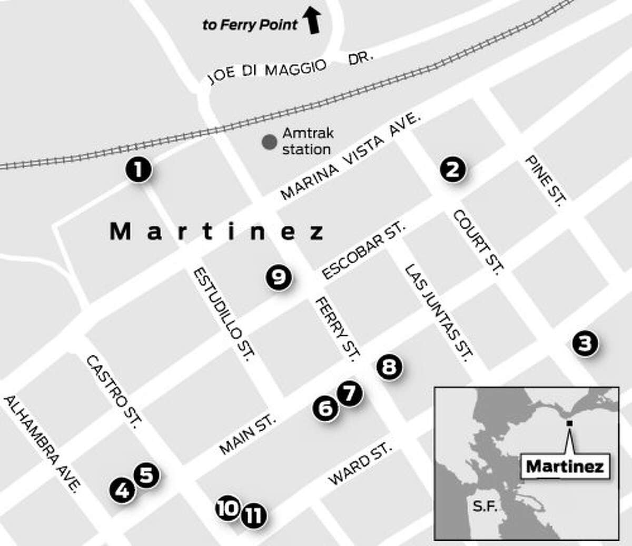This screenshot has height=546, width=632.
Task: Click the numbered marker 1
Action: coord(138,170)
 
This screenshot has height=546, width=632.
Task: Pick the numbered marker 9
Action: coord(279,276)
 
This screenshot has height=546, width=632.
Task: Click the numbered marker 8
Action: coord(389,366)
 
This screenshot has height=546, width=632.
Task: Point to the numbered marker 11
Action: coord(254,515)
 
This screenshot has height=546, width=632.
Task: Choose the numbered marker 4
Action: coord(122,491)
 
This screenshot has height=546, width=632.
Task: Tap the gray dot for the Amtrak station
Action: coord(269,142)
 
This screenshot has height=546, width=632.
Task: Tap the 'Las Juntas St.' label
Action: coord(438,311)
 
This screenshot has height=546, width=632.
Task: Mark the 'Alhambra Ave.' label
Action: coord(43,443)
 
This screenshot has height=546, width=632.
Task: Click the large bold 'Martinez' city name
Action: coord(216,231)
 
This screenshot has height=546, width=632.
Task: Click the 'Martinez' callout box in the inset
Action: coord(565,465)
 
